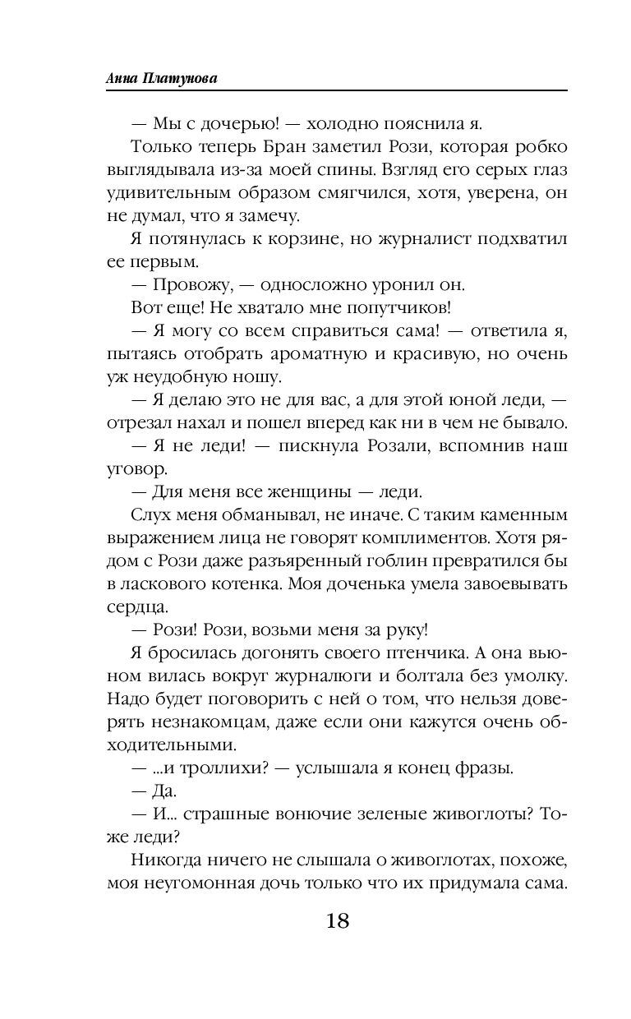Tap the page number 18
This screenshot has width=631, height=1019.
337,920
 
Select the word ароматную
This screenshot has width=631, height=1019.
298,355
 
